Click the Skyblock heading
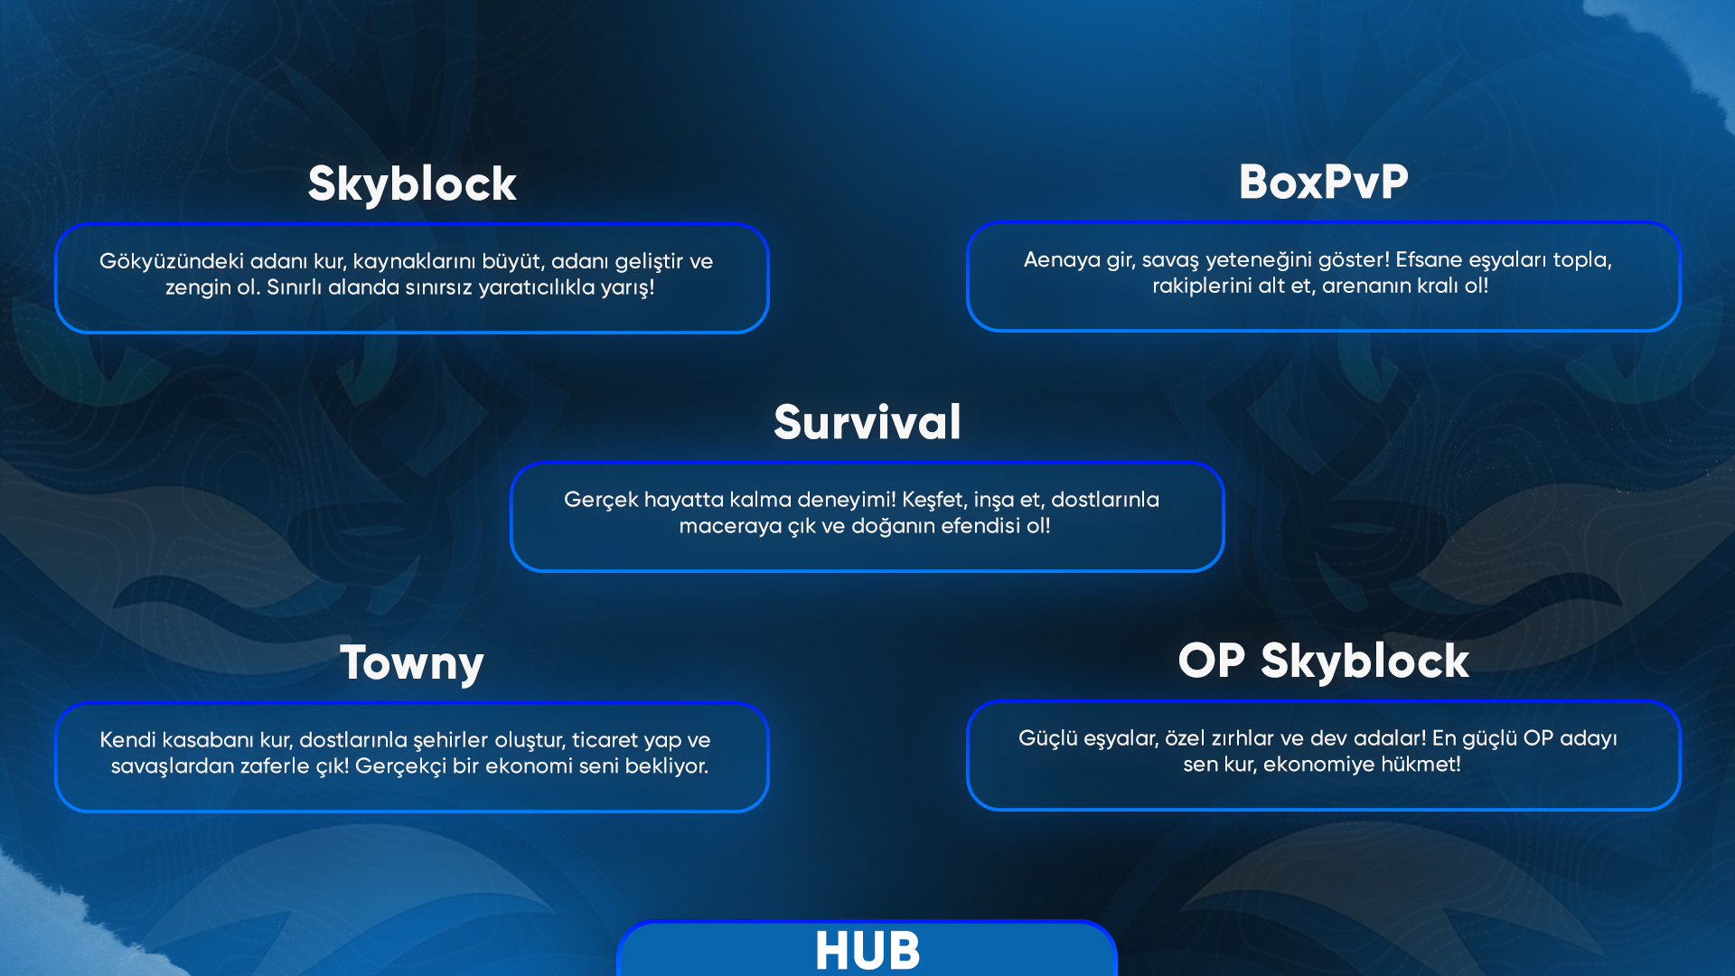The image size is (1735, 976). [412, 185]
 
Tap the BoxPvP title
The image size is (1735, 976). [1324, 182]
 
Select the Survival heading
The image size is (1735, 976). [867, 422]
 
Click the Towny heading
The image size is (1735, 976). [412, 664]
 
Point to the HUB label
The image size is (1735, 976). [867, 950]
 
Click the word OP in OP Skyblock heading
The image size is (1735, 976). [1212, 661]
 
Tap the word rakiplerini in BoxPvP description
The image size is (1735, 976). [1197, 286]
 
